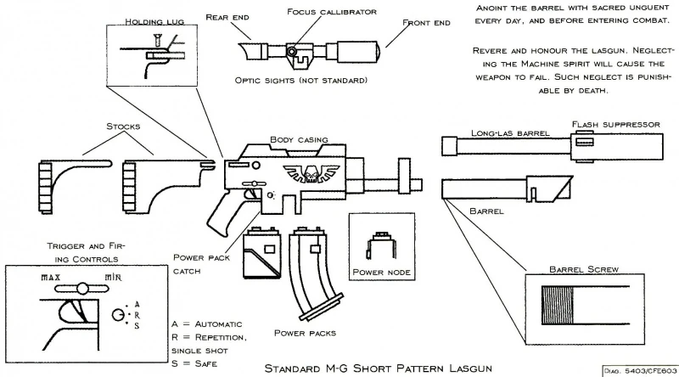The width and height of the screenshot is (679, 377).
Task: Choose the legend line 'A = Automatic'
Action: [x=206, y=324]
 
